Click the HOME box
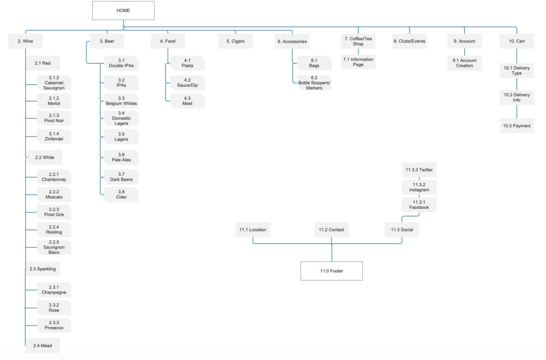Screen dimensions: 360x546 pyautogui.click(x=123, y=11)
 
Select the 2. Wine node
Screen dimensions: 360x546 pyautogui.click(x=26, y=41)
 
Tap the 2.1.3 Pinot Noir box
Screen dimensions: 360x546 pyautogui.click(x=54, y=118)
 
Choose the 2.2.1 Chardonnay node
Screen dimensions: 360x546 pyautogui.click(x=54, y=177)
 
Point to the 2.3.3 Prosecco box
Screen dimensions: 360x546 pyautogui.click(x=54, y=325)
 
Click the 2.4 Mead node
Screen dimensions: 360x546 pyautogui.click(x=43, y=346)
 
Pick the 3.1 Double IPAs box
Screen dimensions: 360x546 pyautogui.click(x=121, y=63)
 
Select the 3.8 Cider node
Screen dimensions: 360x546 pyautogui.click(x=121, y=195)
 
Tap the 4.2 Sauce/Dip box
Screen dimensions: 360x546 pyautogui.click(x=187, y=83)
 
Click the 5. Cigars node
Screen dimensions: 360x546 pyautogui.click(x=236, y=41)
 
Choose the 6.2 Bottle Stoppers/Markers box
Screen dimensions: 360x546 pyautogui.click(x=314, y=83)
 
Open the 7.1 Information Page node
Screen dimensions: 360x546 pyautogui.click(x=358, y=62)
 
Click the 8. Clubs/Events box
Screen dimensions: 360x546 pyautogui.click(x=409, y=41)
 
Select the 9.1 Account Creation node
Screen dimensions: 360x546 pyautogui.click(x=465, y=63)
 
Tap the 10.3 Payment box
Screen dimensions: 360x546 pyautogui.click(x=517, y=126)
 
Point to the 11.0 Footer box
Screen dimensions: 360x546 pyautogui.click(x=332, y=271)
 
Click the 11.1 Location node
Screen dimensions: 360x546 pyautogui.click(x=253, y=230)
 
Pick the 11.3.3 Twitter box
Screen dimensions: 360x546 pyautogui.click(x=419, y=170)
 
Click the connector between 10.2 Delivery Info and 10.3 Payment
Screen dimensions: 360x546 pyautogui.click(x=517, y=111)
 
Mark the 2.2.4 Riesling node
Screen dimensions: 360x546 pyautogui.click(x=54, y=229)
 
